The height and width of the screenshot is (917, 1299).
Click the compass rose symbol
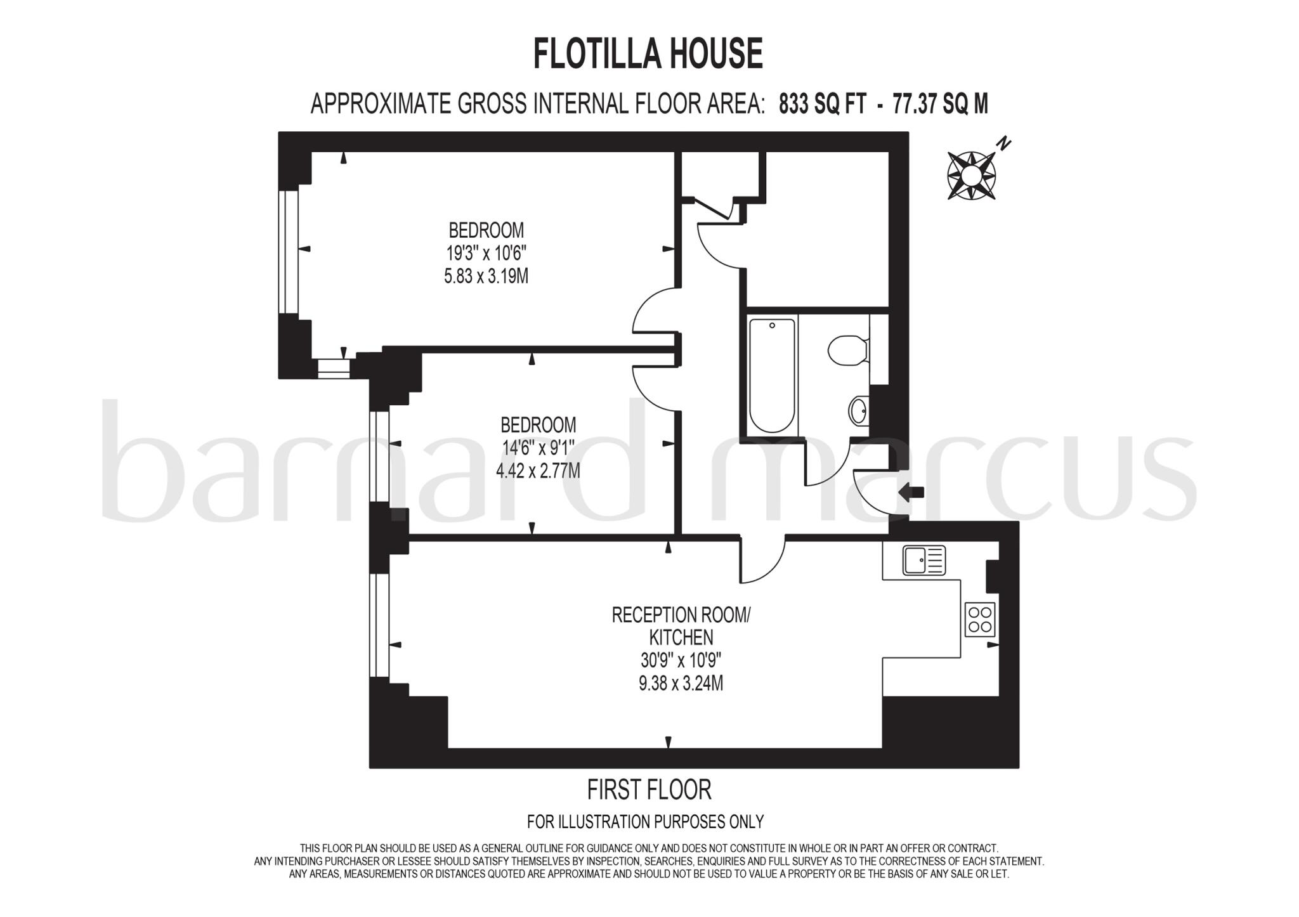(x=971, y=175)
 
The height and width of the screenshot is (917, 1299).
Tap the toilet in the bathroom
(x=847, y=350)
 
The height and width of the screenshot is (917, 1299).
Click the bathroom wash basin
(x=859, y=410)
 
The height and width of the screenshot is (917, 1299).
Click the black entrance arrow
(x=913, y=492)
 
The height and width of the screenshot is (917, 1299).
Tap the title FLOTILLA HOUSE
(x=648, y=53)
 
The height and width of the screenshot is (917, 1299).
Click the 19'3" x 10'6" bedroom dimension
(x=486, y=254)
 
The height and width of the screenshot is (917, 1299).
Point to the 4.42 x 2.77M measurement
(x=538, y=471)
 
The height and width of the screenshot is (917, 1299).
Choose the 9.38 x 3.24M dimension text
(x=681, y=684)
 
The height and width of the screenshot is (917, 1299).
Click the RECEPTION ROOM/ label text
(x=681, y=615)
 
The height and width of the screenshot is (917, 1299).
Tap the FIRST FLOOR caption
(x=649, y=790)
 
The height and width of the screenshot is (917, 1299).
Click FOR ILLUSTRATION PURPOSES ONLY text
(x=645, y=822)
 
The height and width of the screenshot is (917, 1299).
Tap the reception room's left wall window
(x=379, y=625)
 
